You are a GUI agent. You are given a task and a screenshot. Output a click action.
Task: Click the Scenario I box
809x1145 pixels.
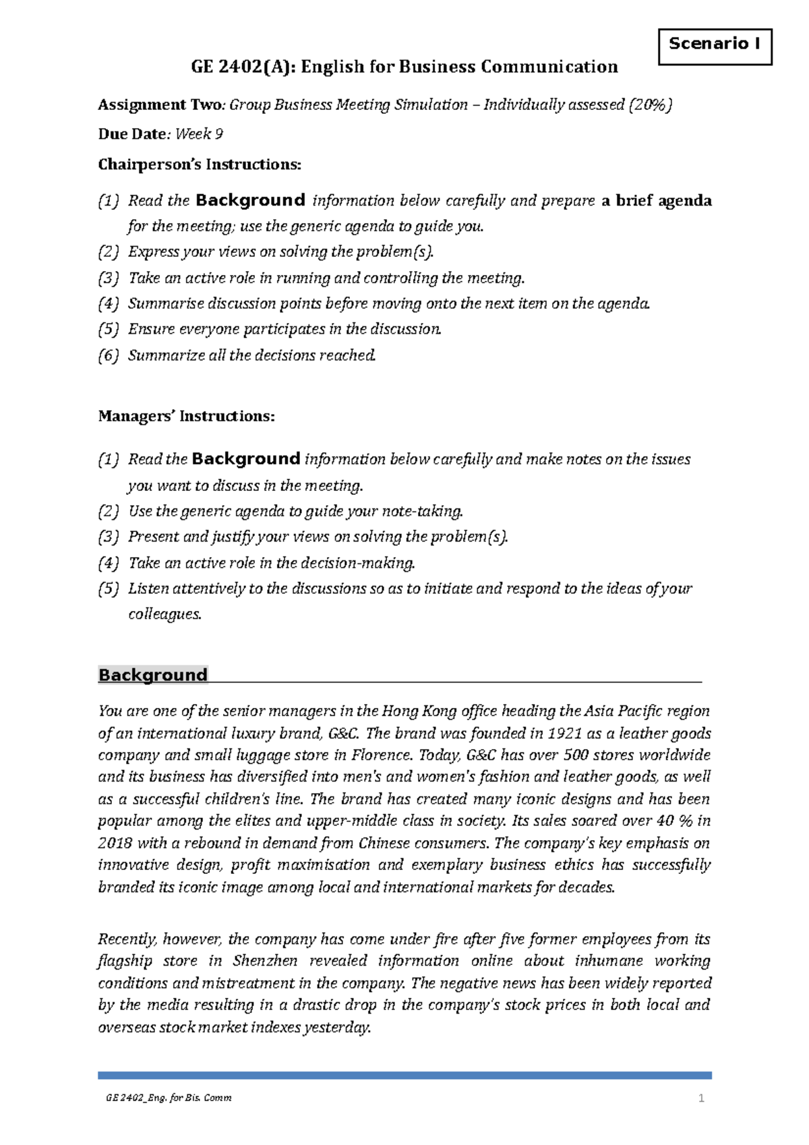(x=714, y=45)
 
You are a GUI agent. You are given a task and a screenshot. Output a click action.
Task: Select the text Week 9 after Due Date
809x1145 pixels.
(x=199, y=134)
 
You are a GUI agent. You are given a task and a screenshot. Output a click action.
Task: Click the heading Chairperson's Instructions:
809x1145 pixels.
(x=200, y=165)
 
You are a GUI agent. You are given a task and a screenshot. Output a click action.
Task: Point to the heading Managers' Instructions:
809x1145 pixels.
(x=186, y=416)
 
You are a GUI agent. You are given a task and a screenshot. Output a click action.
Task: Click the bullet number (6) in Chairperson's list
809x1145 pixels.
(x=109, y=355)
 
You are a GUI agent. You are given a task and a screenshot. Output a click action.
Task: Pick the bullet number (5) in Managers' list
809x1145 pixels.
(x=109, y=589)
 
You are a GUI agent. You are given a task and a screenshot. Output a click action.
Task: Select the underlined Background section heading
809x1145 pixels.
(x=152, y=675)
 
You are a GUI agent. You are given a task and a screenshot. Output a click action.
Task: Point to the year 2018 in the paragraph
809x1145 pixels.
(x=115, y=844)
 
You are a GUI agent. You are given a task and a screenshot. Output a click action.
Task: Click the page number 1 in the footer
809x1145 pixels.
(x=701, y=1098)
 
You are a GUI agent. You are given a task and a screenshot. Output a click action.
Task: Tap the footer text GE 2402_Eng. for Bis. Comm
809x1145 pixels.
(x=169, y=1098)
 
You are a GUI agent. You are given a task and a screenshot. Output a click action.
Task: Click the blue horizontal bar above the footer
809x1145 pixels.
(x=404, y=1075)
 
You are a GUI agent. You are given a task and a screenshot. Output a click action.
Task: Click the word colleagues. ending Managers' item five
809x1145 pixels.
(x=165, y=614)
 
